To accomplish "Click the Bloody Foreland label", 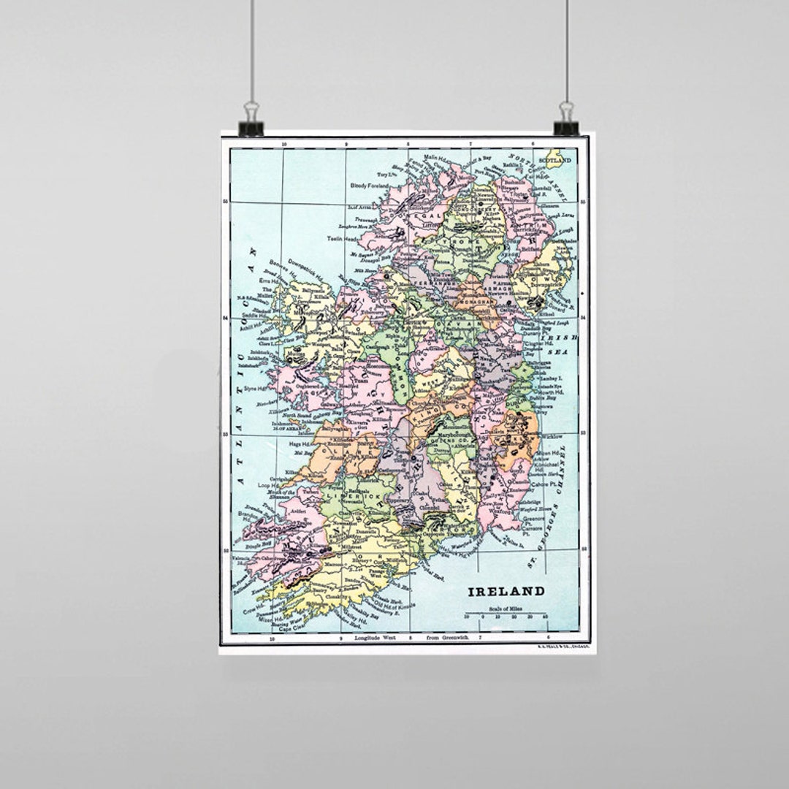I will (350, 186).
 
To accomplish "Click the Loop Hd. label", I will (268, 484).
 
